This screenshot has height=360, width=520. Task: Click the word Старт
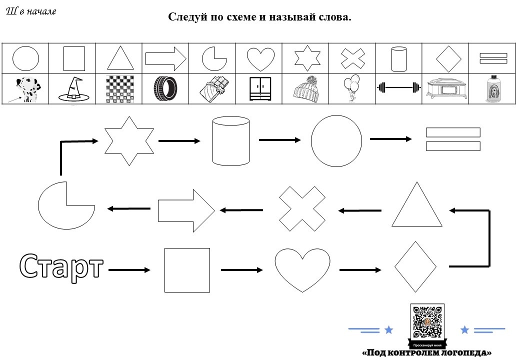pyautogui.click(x=61, y=267)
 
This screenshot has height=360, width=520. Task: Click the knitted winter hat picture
pyautogui.click(x=305, y=89)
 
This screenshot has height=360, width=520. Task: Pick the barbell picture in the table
pyautogui.click(x=398, y=88)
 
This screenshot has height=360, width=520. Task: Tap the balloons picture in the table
pyautogui.click(x=352, y=88)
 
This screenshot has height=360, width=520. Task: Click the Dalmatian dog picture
pyautogui.click(x=25, y=89)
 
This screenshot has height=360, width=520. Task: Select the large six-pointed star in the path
pyautogui.click(x=130, y=141)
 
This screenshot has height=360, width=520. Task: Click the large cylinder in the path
pyautogui.click(x=231, y=141)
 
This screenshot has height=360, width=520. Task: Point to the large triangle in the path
pyautogui.click(x=417, y=206)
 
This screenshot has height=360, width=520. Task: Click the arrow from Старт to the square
pyautogui.click(x=129, y=270)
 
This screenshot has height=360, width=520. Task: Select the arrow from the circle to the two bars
pyautogui.click(x=390, y=139)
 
